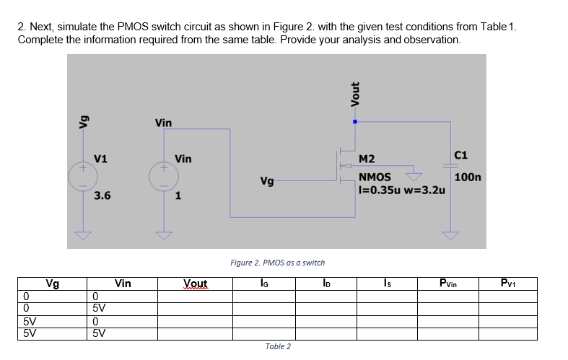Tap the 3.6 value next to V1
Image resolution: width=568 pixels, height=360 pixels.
tap(102, 195)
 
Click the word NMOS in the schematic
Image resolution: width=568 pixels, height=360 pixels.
tap(375, 177)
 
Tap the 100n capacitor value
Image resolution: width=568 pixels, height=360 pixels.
tap(468, 176)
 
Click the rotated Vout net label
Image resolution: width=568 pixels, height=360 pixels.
tap(354, 93)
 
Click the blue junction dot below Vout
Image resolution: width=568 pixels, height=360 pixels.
tap(354, 122)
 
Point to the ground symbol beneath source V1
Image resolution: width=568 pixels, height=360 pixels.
tap(83, 234)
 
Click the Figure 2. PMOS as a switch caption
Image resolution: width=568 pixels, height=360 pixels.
tap(277, 263)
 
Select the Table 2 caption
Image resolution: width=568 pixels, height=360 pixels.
tap(277, 346)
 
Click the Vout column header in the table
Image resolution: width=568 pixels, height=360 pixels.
tap(195, 284)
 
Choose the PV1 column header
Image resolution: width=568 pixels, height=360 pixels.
tap(508, 284)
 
